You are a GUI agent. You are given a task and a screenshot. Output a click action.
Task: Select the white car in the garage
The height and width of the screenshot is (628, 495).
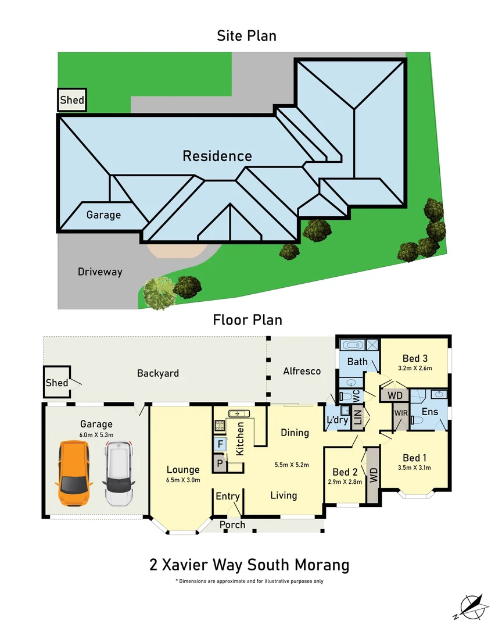coord(119,473)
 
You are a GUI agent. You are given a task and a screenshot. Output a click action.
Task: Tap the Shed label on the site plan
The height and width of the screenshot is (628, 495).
coord(72,100)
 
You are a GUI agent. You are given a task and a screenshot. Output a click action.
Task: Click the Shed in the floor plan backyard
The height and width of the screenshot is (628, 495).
coord(57,383)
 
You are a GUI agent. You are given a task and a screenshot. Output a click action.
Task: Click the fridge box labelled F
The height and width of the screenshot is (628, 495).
coord(220,445)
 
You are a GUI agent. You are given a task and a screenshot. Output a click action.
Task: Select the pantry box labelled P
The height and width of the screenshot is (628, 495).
coord(220,463)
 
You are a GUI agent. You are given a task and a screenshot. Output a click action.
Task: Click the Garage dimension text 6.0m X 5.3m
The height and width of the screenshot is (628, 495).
coord(96,434)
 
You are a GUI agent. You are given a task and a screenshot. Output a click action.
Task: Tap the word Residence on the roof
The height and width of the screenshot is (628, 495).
coord(217,156)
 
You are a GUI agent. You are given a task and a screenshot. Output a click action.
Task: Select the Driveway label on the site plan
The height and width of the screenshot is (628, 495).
coord(100,272)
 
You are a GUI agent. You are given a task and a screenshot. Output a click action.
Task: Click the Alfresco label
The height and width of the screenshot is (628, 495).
coord(302,371)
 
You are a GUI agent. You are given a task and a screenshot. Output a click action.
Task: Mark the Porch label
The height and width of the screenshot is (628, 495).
coord(232,524)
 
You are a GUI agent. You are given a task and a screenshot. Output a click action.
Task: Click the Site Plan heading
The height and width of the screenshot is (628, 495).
coord(246,35)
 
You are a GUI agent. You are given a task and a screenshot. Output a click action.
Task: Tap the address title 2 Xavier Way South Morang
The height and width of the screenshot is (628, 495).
coord(249,565)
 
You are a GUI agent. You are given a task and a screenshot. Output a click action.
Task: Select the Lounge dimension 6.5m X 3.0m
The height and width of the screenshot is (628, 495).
coord(183,480)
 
